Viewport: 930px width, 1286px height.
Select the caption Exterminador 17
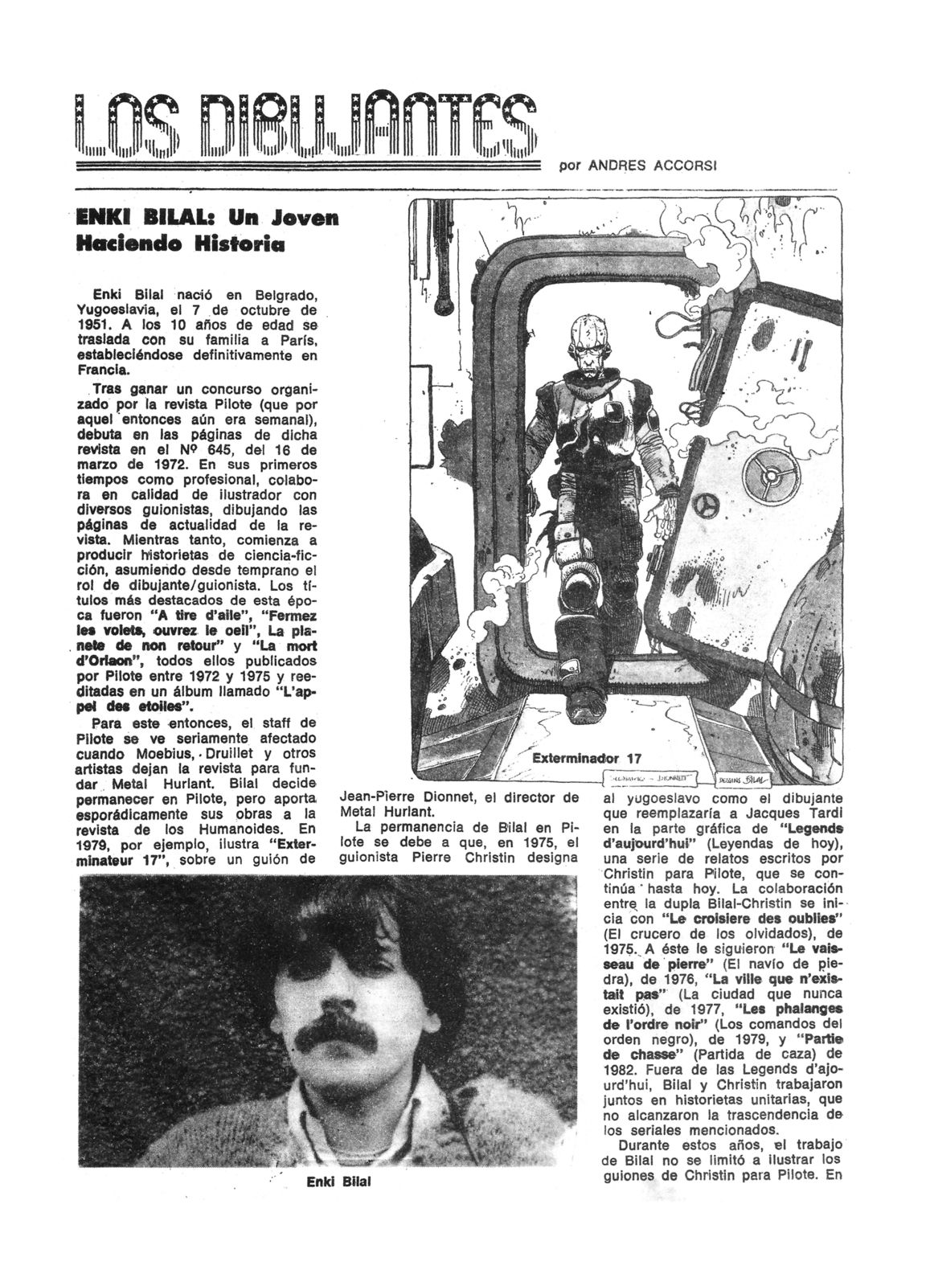(x=586, y=758)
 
